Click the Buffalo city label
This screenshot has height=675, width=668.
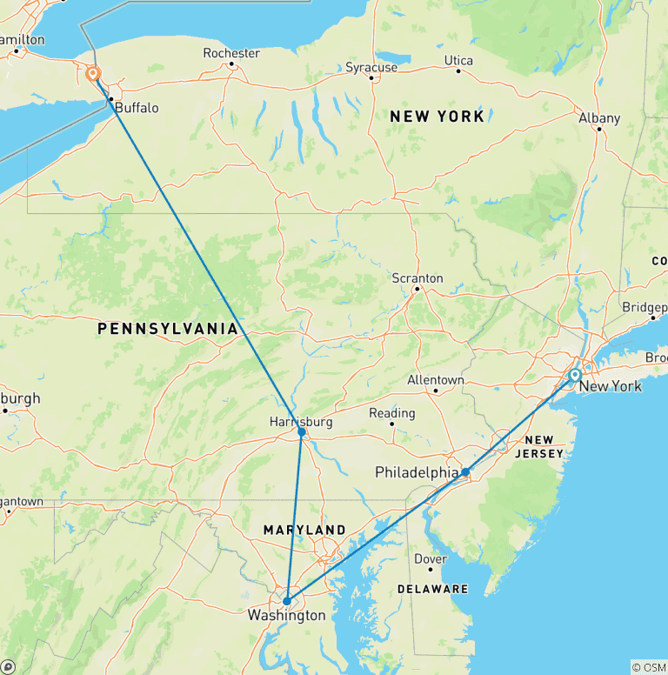[x=137, y=108]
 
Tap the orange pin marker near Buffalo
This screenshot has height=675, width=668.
[x=93, y=74]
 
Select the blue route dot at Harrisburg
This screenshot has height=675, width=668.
[x=302, y=431]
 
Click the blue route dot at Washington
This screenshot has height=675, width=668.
[x=286, y=600]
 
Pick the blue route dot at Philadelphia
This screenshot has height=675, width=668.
[x=466, y=472]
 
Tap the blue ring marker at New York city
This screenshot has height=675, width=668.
[x=575, y=375]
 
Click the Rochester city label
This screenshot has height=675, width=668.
[x=231, y=53]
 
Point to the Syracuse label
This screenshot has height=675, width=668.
[x=371, y=67]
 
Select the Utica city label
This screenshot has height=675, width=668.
[x=458, y=60]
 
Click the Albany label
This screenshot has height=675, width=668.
[x=600, y=118]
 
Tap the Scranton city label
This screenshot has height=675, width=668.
[x=417, y=278]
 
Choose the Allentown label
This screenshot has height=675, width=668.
[x=436, y=380]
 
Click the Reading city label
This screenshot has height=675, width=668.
[x=391, y=413]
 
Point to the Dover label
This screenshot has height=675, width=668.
[x=431, y=558]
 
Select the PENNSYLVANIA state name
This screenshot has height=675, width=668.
[x=168, y=328]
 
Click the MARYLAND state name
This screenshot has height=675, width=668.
[x=304, y=530]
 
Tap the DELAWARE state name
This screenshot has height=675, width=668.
[x=433, y=589]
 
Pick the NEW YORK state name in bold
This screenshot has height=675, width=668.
[x=437, y=117]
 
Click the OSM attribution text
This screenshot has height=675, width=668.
[x=648, y=667]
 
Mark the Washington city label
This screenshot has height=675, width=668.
[x=287, y=616]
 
